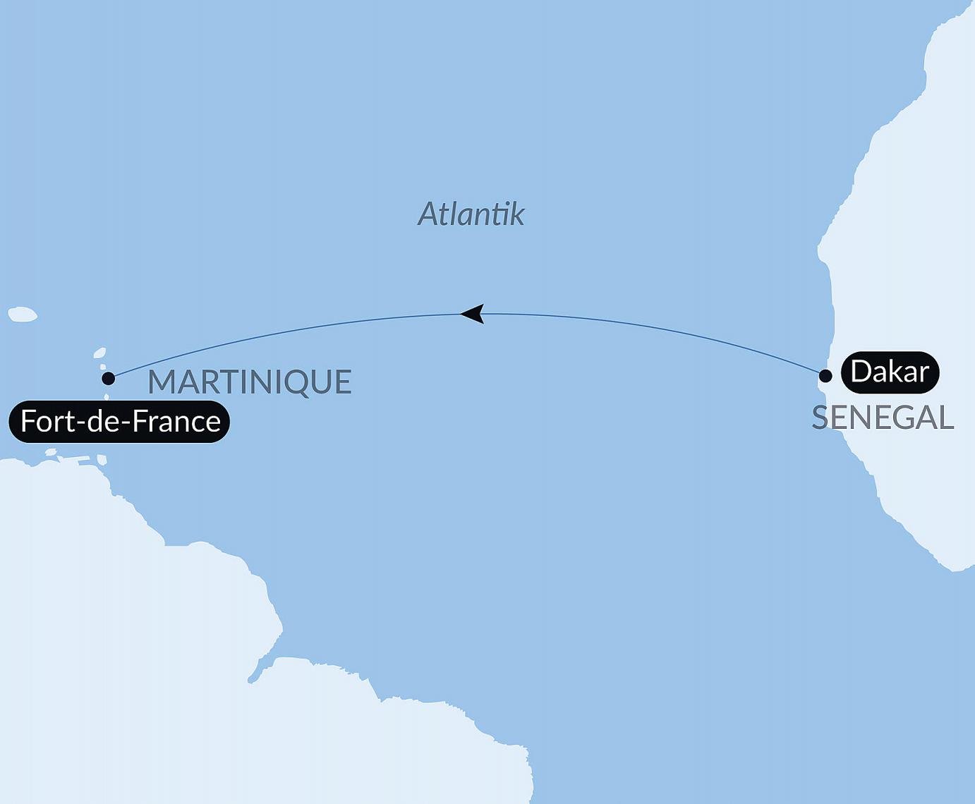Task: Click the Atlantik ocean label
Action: tap(471, 214)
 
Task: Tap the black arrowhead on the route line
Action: tap(473, 314)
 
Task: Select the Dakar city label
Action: tap(890, 372)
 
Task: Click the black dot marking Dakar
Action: tap(825, 376)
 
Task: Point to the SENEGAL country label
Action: tap(883, 418)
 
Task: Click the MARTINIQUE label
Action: tap(249, 382)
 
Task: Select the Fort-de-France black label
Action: tap(119, 422)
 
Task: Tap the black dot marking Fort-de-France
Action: tap(108, 379)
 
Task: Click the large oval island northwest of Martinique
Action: tap(23, 315)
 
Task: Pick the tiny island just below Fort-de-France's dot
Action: tap(107, 398)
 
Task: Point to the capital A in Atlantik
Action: tap(430, 214)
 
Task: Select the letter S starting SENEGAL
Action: tap(820, 418)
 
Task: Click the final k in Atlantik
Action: tap(517, 214)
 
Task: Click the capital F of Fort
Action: tap(28, 422)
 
